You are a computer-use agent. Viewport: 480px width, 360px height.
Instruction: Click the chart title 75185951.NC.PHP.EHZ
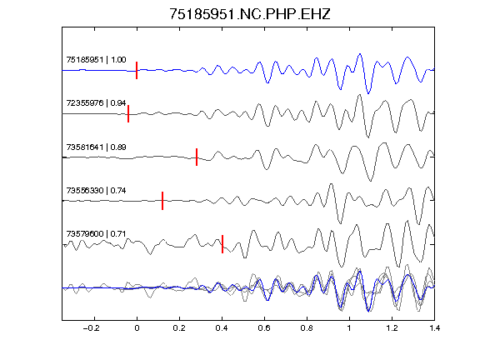(x=250, y=14)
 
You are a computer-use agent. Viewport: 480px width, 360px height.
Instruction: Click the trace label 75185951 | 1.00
(x=96, y=59)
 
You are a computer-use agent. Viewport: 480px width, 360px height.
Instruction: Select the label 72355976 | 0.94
(x=96, y=102)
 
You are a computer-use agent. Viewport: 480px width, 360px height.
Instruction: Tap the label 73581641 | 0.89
(x=96, y=147)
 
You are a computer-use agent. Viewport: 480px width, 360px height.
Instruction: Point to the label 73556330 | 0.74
(x=96, y=190)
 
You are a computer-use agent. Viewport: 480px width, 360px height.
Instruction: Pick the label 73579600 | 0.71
(x=96, y=234)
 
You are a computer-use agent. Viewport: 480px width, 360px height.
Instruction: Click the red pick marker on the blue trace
(x=137, y=70)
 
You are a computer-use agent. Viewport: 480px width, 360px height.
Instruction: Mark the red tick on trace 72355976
(x=128, y=113)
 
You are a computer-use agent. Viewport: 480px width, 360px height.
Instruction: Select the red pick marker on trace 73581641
(x=197, y=157)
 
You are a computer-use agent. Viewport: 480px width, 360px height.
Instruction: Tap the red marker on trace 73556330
(x=162, y=201)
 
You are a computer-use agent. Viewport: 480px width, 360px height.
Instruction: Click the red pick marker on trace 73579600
(x=222, y=244)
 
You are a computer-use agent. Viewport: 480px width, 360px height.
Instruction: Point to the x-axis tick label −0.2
(x=91, y=328)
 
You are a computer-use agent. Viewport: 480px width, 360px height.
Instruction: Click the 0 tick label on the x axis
(x=137, y=328)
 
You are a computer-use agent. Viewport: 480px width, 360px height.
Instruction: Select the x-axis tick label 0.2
(x=179, y=328)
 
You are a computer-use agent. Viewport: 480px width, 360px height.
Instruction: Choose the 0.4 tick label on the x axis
(x=222, y=328)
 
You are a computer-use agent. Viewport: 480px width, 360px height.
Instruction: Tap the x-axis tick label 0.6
(x=264, y=328)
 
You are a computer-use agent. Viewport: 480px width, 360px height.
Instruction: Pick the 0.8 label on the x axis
(x=307, y=328)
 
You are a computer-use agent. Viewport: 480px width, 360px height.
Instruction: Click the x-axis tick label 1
(x=349, y=328)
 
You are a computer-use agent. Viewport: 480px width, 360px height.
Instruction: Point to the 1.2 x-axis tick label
(x=392, y=328)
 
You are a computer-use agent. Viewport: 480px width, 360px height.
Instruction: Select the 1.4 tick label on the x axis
(x=434, y=328)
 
